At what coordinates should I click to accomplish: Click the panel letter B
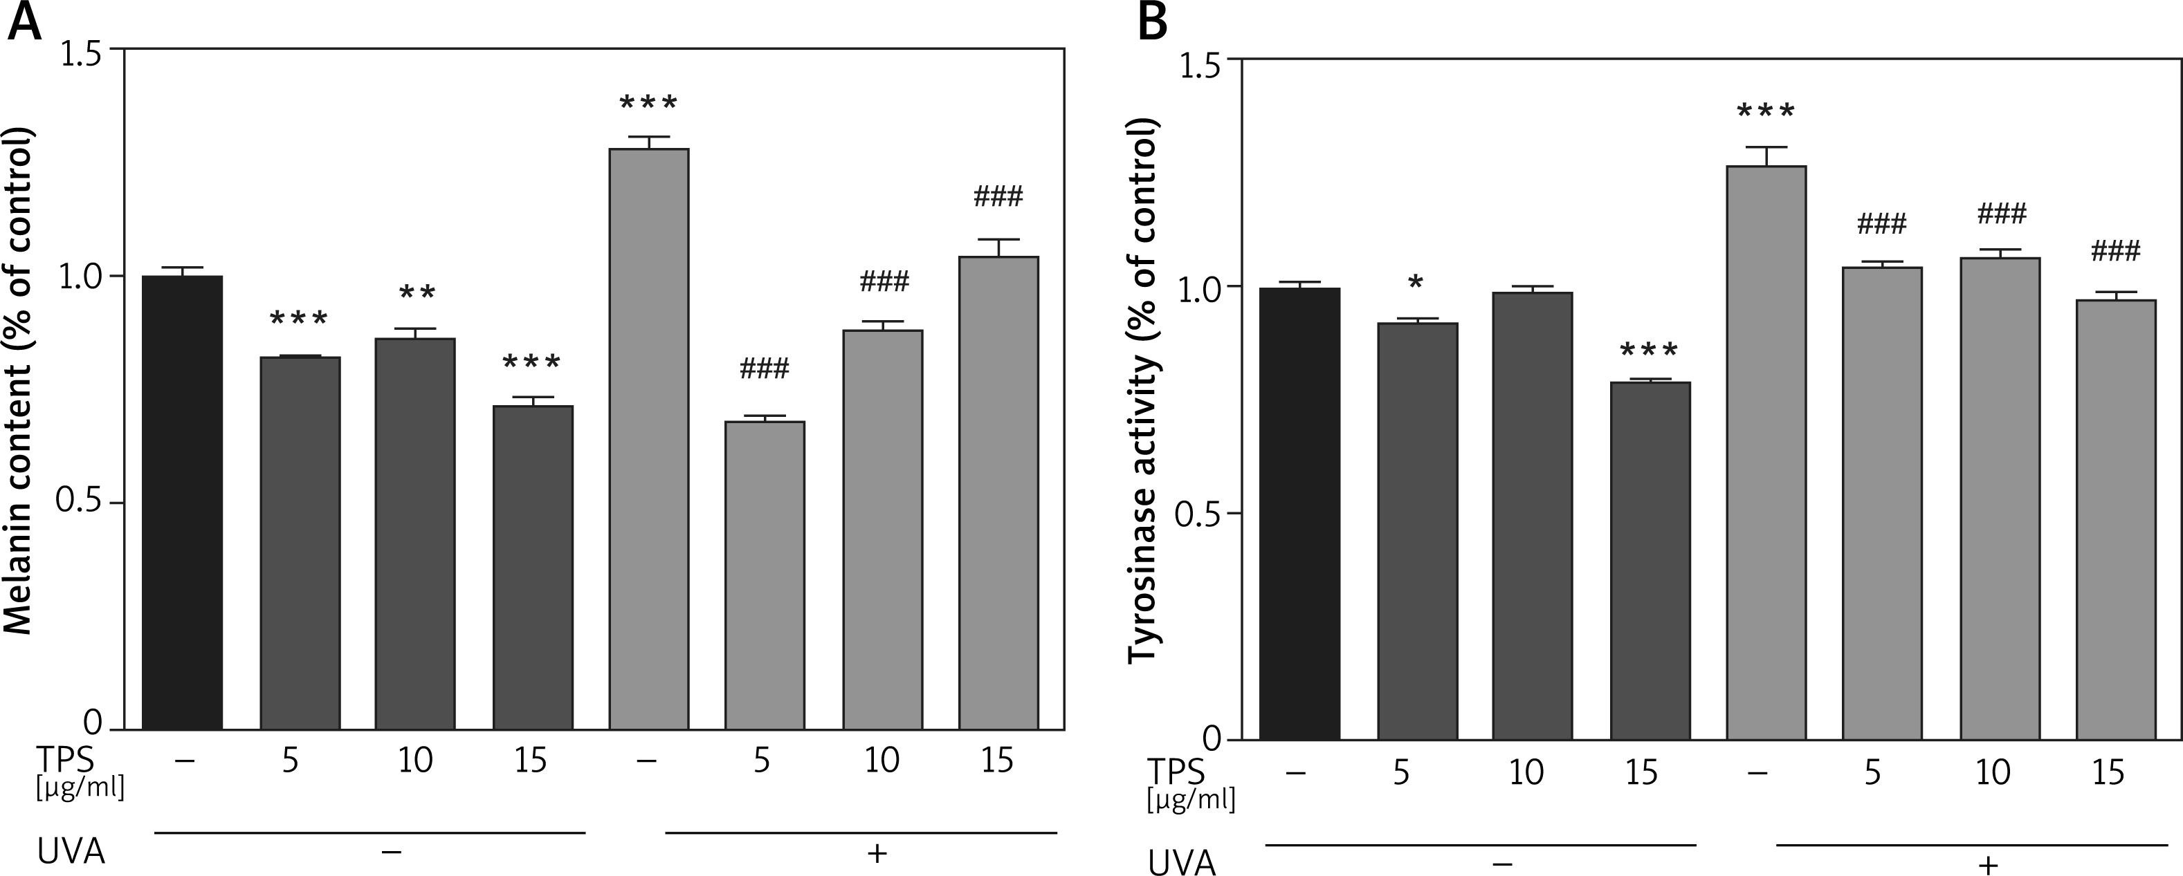pos(1153,22)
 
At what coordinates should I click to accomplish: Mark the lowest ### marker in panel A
pos(765,369)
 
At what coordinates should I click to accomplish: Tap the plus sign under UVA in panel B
pos(1987,864)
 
